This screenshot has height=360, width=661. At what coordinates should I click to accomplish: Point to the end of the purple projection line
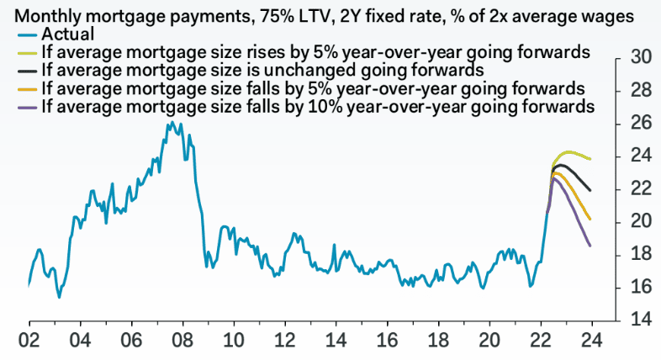[x=590, y=246]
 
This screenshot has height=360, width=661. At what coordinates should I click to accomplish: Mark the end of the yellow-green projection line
[x=590, y=159]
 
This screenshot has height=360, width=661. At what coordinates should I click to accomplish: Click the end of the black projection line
[x=590, y=191]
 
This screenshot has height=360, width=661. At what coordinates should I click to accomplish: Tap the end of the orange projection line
[x=590, y=220]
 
